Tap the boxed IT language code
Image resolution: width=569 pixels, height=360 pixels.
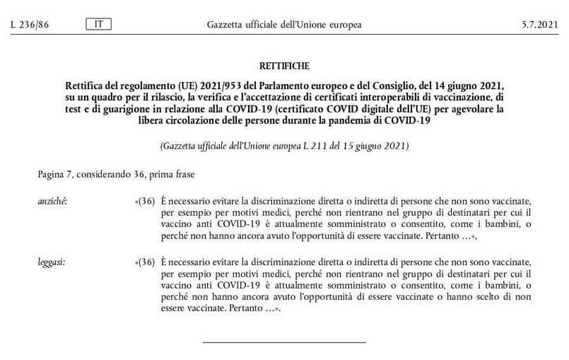98,25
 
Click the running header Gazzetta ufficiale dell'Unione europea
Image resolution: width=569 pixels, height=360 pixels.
284,25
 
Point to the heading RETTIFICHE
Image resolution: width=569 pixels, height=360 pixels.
284,66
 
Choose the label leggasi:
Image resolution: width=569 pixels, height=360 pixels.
52,263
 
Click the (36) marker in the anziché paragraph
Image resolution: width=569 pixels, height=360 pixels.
146,202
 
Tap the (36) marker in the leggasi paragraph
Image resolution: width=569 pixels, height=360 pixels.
146,263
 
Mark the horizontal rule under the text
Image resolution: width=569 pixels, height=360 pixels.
284,342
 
